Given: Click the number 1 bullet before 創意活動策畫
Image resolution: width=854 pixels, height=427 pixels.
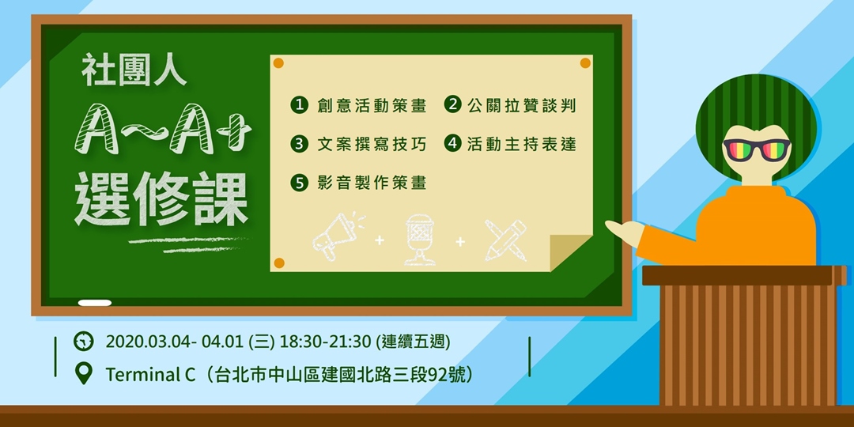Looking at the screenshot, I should [299, 104].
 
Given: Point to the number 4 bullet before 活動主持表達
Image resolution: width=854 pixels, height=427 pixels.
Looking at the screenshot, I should [452, 144].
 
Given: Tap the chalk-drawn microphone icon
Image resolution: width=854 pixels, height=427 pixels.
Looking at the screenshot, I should [419, 238].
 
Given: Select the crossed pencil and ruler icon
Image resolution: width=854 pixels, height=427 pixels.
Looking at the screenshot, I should [505, 239].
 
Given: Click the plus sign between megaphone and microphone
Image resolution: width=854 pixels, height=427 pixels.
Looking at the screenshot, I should [380, 240].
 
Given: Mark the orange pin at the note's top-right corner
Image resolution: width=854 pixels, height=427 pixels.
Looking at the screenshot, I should [585, 63].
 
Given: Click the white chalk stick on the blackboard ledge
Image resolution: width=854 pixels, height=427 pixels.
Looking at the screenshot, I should [95, 302].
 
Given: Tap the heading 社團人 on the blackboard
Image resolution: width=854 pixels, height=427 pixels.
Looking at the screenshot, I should [134, 73].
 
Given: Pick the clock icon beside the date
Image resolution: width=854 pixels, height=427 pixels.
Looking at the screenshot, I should [83, 342].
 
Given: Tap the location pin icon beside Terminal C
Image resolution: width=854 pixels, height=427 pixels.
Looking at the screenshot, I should [83, 372].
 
